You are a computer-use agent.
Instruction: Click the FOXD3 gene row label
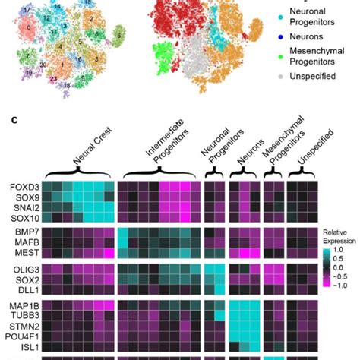(22, 186)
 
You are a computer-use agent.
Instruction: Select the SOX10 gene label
(22, 218)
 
